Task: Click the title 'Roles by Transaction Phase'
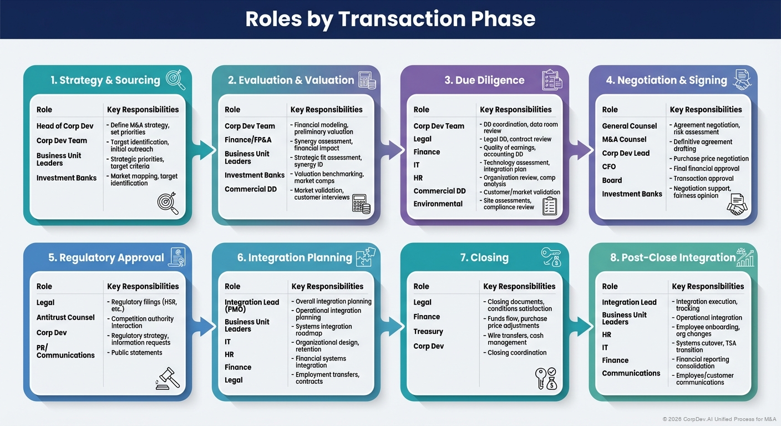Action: click(x=390, y=19)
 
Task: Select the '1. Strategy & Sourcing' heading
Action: click(x=105, y=80)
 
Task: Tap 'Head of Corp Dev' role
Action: click(x=65, y=126)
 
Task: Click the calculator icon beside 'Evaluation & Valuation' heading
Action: click(x=367, y=80)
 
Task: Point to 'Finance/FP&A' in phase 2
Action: click(x=248, y=140)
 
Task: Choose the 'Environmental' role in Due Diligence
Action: click(x=438, y=204)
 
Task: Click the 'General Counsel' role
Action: click(x=630, y=126)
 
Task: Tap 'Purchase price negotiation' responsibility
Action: click(x=711, y=159)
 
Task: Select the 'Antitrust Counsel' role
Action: click(x=65, y=317)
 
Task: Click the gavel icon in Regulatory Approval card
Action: click(x=168, y=379)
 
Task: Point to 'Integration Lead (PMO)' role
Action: click(x=252, y=306)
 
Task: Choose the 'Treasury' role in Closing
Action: click(x=428, y=331)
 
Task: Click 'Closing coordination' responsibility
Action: click(x=517, y=352)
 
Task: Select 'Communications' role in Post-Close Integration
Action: click(x=631, y=373)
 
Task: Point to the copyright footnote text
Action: click(x=718, y=419)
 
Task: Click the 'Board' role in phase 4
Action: click(x=612, y=180)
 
